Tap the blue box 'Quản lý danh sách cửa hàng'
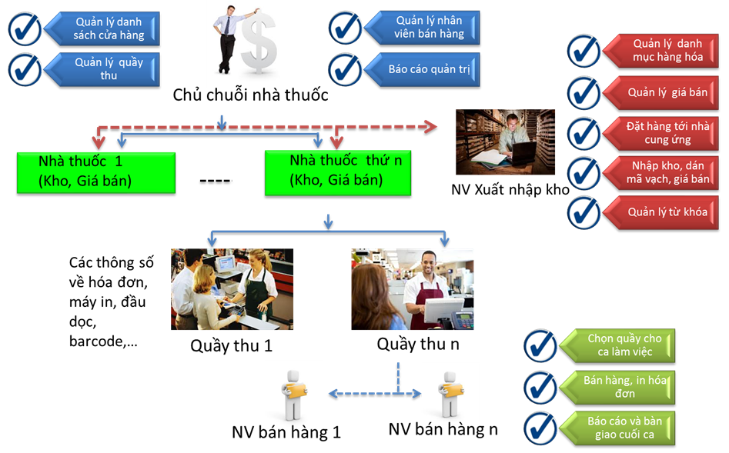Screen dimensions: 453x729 (107, 28)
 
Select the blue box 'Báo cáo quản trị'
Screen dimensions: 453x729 (429, 69)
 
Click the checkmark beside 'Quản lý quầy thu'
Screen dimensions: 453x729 (25, 69)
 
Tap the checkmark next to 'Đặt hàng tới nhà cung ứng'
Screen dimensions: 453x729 (584, 133)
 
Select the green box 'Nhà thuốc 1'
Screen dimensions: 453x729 (95, 172)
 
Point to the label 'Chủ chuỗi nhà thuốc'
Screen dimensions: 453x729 (250, 95)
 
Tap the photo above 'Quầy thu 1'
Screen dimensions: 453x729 (232, 288)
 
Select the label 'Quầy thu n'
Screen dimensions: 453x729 (417, 344)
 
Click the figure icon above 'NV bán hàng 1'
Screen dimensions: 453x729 (294, 393)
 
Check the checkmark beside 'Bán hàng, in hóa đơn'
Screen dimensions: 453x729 (540, 387)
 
